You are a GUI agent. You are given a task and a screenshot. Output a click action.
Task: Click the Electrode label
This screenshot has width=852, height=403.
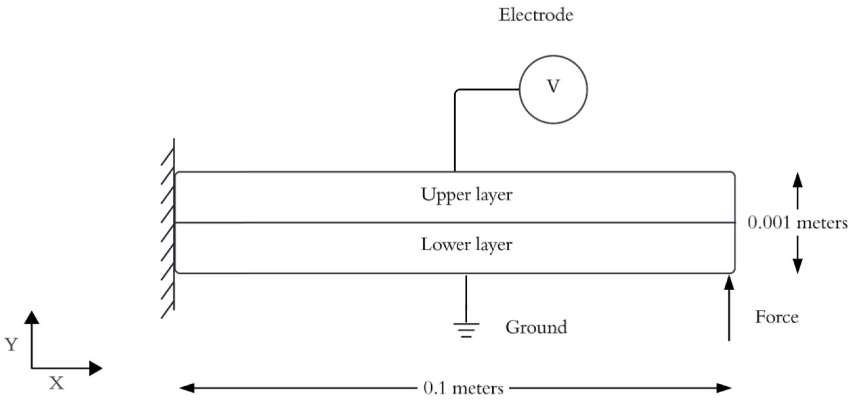pos(536,15)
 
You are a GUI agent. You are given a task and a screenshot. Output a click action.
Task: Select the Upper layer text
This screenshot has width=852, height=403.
pos(466,195)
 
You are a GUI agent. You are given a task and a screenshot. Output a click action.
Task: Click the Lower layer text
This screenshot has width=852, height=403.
pos(466,245)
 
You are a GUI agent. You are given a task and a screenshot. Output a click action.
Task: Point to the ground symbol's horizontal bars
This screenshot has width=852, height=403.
pos(466,330)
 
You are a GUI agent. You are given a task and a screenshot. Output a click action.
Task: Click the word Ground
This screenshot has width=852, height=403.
pos(536,327)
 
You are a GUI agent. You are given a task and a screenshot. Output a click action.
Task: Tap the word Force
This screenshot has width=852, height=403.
pos(777,317)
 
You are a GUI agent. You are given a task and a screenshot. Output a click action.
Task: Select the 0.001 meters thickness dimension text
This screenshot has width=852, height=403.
pos(798,223)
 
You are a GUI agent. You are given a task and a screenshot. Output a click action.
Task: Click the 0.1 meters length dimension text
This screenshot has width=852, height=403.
pos(463,389)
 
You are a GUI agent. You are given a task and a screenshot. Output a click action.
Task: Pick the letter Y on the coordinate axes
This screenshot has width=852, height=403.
pos(11,345)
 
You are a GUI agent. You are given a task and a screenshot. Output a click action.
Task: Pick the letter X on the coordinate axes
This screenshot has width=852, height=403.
pos(56,384)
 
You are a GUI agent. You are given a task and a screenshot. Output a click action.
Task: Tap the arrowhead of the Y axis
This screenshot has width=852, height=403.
pos(32,317)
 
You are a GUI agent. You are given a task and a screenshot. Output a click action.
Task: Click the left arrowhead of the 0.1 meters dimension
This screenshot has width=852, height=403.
pos(186,388)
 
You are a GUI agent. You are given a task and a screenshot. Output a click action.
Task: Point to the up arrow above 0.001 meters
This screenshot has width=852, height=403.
pos(798,191)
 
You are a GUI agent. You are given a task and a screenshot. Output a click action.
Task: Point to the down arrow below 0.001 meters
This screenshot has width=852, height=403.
pos(798,255)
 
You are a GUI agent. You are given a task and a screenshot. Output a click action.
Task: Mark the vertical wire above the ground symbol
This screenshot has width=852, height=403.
pos(466,299)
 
